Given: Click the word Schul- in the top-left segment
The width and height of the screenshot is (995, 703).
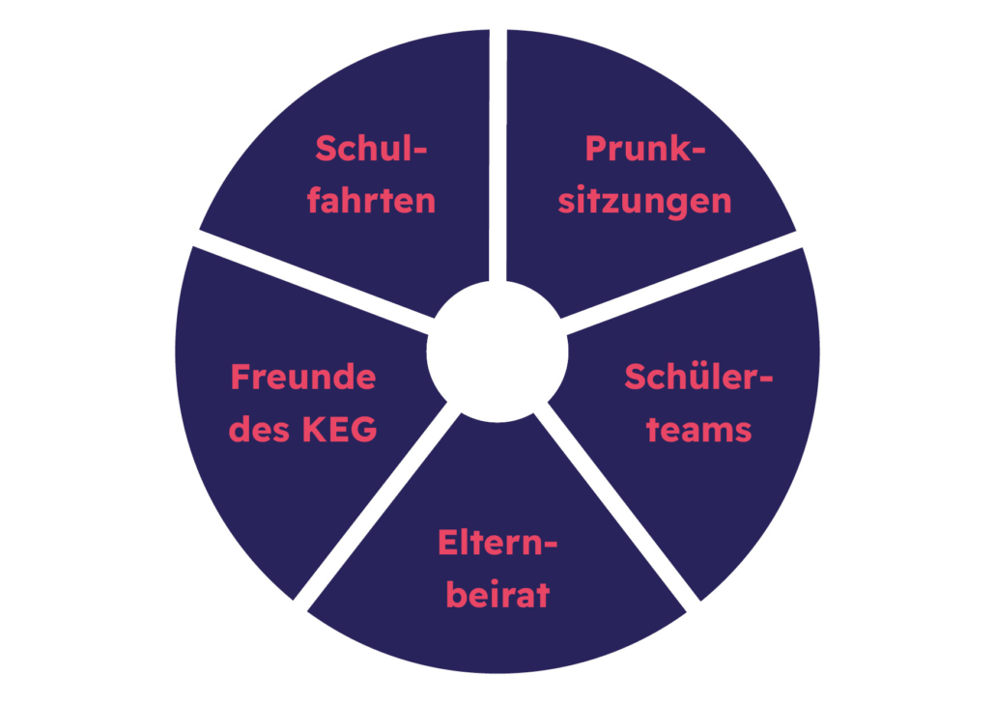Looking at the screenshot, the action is [371, 149].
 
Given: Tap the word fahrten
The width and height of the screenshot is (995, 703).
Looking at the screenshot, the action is [371, 200].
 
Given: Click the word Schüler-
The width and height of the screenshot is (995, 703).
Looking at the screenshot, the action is [698, 377].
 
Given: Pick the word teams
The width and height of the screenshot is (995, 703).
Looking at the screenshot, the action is [698, 430].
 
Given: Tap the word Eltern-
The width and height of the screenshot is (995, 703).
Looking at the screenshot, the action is [497, 543].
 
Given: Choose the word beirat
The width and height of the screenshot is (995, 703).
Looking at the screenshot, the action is [497, 595].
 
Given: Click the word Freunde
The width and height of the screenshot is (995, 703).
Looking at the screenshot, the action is [303, 377].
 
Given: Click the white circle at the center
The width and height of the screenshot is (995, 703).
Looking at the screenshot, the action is [497, 351].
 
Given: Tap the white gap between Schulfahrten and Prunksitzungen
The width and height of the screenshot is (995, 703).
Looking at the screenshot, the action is [497, 155].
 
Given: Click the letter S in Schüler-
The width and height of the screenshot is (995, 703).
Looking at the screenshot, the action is [636, 377].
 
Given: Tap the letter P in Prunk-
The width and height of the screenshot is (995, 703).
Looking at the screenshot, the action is [596, 149].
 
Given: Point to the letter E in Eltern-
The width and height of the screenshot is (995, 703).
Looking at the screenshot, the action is [447, 543].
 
